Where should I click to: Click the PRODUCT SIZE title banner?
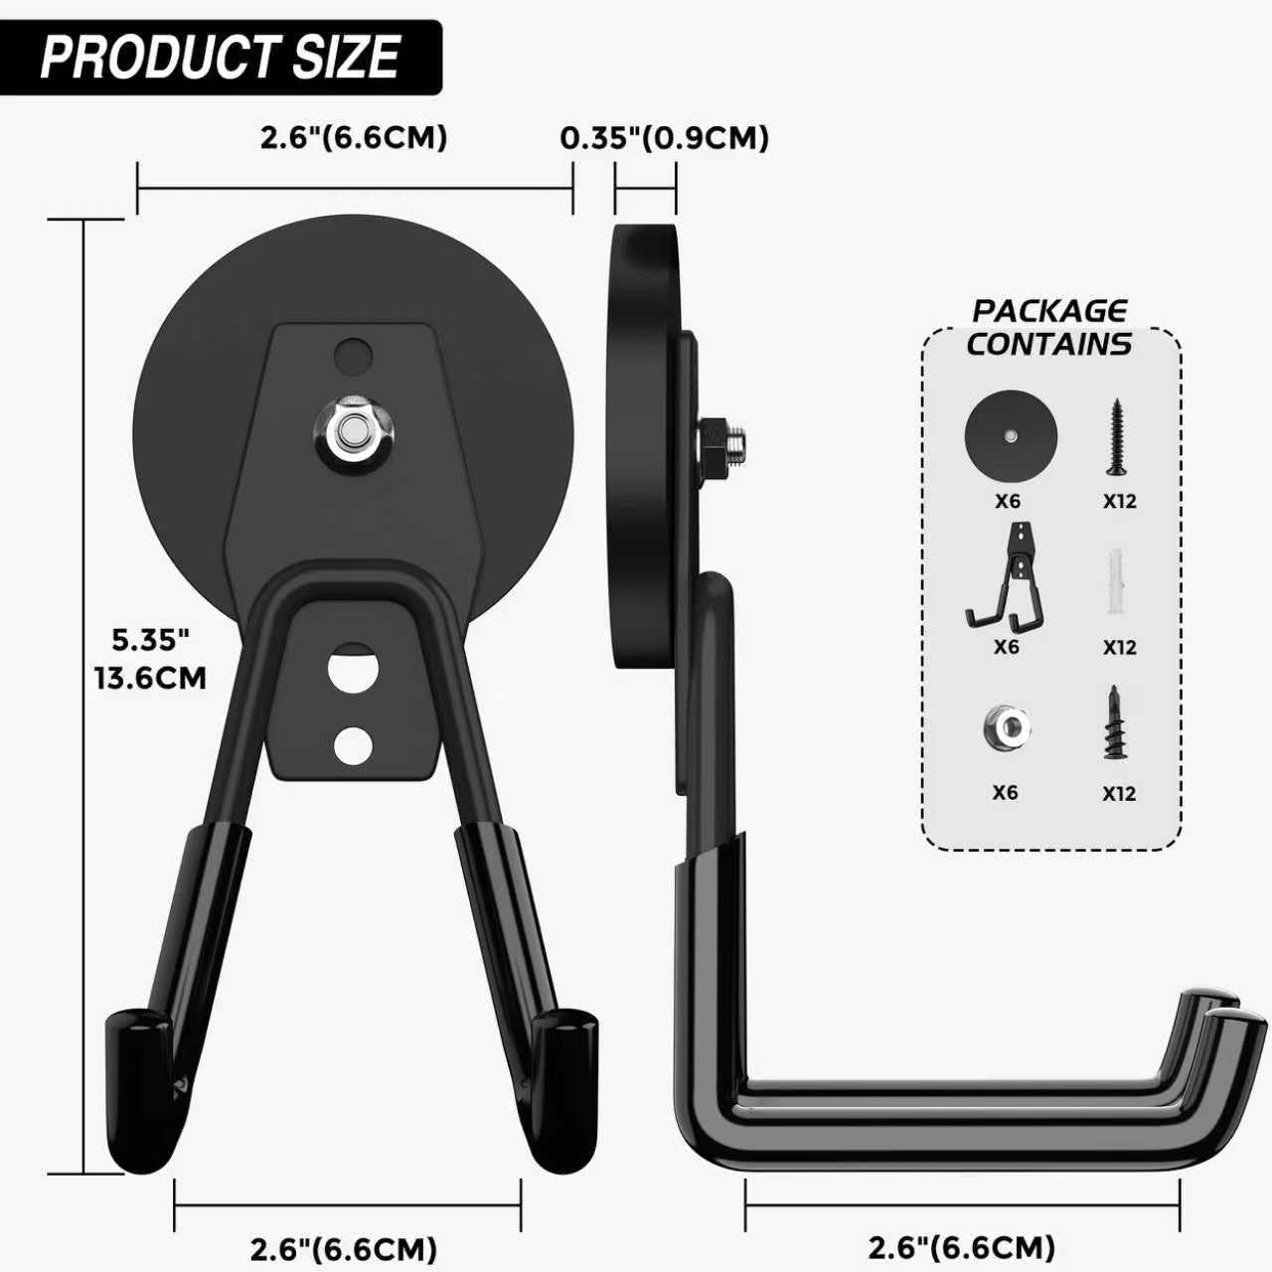pos(220,57)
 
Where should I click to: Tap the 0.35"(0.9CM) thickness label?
pos(664,137)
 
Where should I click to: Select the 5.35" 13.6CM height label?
pos(150,658)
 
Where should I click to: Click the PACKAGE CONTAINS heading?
pos(1048,327)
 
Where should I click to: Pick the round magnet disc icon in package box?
pos(1010,436)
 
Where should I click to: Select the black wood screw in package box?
pos(1118,436)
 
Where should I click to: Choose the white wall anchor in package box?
pos(1118,581)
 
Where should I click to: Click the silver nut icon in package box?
pos(1007,726)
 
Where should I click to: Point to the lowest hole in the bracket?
pos(353,745)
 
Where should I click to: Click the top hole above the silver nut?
pos(353,355)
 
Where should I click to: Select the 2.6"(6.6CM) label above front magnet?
pos(354,137)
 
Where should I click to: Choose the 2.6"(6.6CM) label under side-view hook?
pos(961,1246)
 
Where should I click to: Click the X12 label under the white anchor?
pos(1119,647)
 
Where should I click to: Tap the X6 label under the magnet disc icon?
pos(1008,501)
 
